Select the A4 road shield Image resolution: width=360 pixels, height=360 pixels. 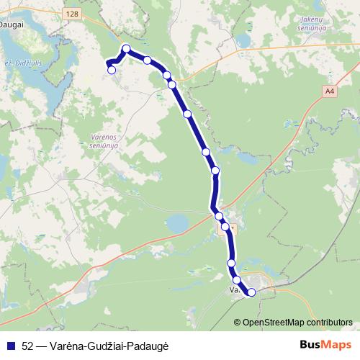[329, 91]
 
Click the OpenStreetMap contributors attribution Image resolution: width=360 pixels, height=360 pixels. [297, 322]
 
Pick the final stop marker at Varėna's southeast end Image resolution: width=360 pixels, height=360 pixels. [251, 292]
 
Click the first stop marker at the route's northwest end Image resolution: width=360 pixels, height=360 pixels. [111, 70]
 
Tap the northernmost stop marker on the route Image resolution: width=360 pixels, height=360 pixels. [126, 49]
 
